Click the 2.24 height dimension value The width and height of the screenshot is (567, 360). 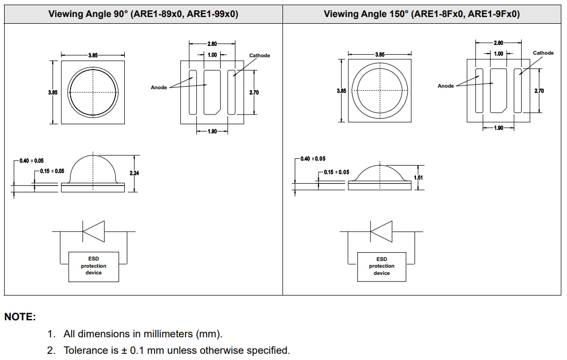pos(134,173)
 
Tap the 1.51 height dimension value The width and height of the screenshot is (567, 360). pos(419,177)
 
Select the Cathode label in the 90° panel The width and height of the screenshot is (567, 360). pos(259,56)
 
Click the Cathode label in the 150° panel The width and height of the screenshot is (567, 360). pos(543,53)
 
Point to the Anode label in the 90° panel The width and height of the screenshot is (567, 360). pos(159,88)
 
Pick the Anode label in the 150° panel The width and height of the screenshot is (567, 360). pos(445,86)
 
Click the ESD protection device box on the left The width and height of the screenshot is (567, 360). pos(93,266)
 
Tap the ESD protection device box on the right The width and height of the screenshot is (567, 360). pos(381,266)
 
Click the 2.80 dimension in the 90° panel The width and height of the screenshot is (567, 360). pos(212,44)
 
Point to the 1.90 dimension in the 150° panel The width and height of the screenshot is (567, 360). pos(498,128)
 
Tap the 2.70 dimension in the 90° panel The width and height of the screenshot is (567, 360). pos(254,93)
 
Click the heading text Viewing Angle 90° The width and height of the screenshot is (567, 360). pos(88,14)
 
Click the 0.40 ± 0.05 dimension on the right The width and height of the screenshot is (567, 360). pos(313,159)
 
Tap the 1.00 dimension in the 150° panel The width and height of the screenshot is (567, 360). pos(498,54)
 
